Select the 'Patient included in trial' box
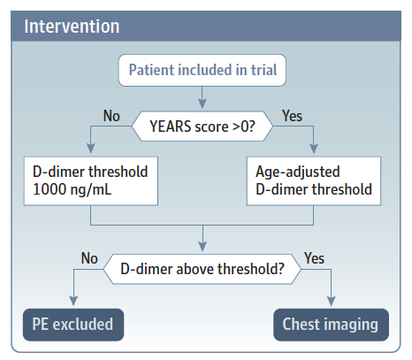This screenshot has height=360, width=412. point(203,70)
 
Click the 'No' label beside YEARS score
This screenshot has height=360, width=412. point(112,115)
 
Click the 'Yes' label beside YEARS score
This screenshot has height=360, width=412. point(293,115)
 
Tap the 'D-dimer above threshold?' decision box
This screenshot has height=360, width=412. point(203,268)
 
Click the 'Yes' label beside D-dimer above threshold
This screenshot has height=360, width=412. point(315,258)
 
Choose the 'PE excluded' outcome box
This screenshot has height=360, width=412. point(73,324)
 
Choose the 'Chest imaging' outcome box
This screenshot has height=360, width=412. point(331,324)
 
